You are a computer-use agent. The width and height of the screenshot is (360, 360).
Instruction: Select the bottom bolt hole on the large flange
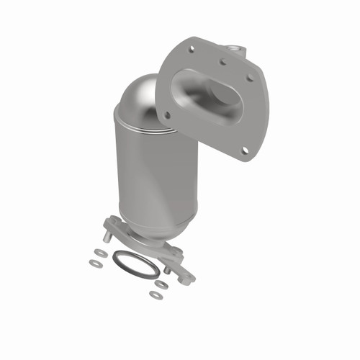pyautogui.click(x=245, y=150)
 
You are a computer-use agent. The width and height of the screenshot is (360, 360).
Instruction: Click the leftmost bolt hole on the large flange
pyautogui.click(x=167, y=114)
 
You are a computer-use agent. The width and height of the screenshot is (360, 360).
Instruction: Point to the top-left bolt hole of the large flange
pyautogui.click(x=192, y=50)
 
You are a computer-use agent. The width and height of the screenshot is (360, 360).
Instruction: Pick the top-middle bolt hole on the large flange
pyautogui.click(x=222, y=61)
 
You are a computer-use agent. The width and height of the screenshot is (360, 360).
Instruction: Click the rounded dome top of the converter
pyautogui.click(x=140, y=97)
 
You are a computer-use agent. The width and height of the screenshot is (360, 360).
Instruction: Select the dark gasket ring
pyautogui.click(x=135, y=264)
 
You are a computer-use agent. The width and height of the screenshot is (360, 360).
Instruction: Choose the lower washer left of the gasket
pyautogui.click(x=94, y=264)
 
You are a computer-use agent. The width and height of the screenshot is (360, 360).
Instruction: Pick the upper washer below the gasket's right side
pyautogui.click(x=162, y=285)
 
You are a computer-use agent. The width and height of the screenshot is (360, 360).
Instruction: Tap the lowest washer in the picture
pyautogui.click(x=155, y=294)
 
